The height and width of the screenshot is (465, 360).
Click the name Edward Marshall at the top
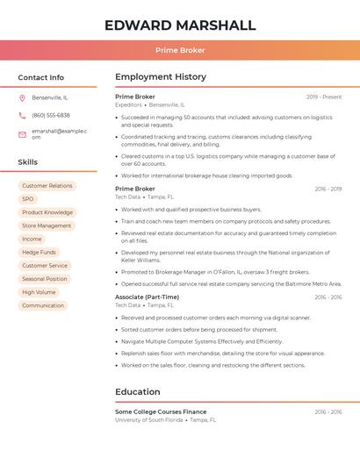[x=180, y=25]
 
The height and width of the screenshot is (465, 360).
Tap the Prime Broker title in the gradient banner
[x=180, y=50]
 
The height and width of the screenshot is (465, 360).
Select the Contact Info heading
[x=41, y=77]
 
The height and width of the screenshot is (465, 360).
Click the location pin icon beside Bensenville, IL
[x=22, y=97]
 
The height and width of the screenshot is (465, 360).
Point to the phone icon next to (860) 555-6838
[x=22, y=115]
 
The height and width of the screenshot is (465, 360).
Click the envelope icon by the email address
[x=22, y=134]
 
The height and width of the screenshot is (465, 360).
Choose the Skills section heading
[x=28, y=162]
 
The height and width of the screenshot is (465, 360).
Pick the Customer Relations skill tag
[x=47, y=186]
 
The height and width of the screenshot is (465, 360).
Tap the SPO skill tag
[x=28, y=199]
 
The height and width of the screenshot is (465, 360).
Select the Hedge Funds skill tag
[x=39, y=252]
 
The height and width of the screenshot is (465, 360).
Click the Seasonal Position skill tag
[x=45, y=279]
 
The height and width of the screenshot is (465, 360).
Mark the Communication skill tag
[x=43, y=305]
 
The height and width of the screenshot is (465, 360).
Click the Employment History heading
[x=161, y=77]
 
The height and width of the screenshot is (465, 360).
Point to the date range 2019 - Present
[x=324, y=97]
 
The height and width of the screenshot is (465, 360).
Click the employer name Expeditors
[x=128, y=104]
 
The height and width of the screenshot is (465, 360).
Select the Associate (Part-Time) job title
[x=147, y=297]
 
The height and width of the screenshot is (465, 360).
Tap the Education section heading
[x=138, y=391]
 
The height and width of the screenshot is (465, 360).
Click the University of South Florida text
[x=149, y=420]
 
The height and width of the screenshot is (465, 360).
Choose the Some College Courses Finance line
[x=161, y=411]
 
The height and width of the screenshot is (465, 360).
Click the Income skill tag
[x=32, y=239]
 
